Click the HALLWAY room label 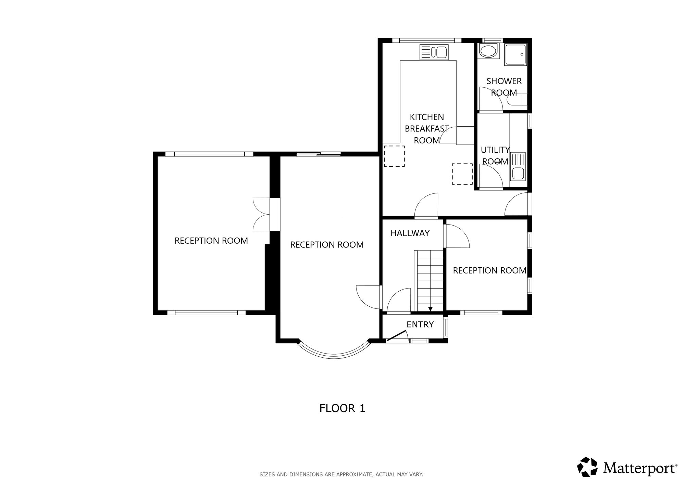tap(410, 233)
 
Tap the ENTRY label tap(420, 324)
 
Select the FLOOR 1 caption tap(342, 408)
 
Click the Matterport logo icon tap(588, 467)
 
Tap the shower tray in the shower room tap(515, 55)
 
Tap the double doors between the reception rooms tap(261, 214)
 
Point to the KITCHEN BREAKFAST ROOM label tap(427, 129)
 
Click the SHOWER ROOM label tap(504, 87)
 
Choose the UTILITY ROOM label tap(495, 155)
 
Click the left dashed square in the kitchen tap(394, 156)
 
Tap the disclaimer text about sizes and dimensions tap(341, 474)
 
